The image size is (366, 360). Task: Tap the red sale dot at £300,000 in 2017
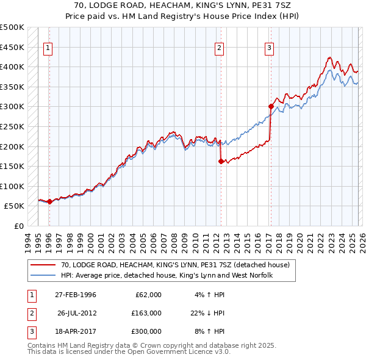click(270, 106)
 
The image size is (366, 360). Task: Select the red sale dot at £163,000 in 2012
click(221, 161)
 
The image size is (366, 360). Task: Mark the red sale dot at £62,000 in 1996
click(49, 201)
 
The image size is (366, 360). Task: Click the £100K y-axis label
click(12, 186)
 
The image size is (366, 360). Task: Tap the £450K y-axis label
click(12, 47)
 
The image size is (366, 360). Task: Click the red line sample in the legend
click(43, 265)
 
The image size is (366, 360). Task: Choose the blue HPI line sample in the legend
click(43, 276)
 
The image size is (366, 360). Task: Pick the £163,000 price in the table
click(146, 313)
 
